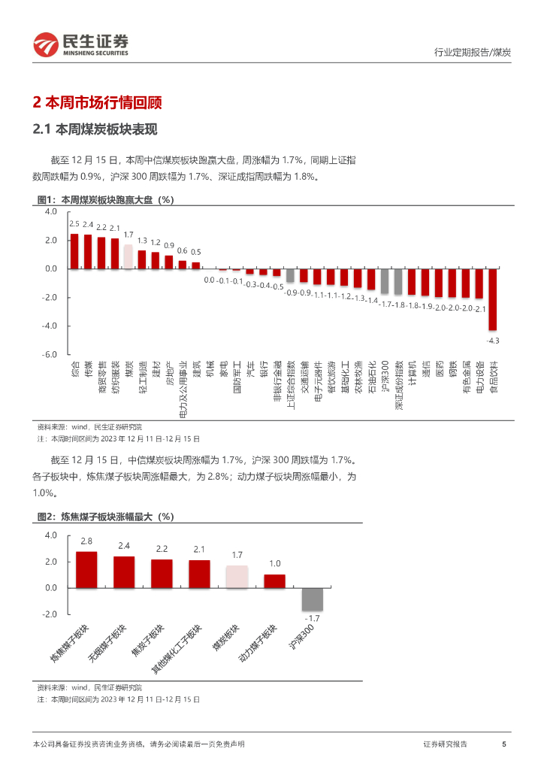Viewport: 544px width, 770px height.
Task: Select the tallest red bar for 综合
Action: tap(74, 251)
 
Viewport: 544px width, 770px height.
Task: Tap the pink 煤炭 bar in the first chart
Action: tap(128, 257)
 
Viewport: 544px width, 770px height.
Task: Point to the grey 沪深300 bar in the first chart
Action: tap(384, 281)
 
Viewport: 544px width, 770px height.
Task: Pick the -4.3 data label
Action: tap(493, 341)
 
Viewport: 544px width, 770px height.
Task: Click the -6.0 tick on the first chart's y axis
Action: tap(50, 354)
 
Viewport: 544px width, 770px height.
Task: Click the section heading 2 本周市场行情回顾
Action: tap(98, 102)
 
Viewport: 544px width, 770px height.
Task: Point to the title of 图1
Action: tap(105, 199)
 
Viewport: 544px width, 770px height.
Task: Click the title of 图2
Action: tap(105, 517)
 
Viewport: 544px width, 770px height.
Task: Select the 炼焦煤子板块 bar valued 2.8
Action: tap(86, 569)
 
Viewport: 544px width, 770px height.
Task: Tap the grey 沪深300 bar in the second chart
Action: tap(312, 599)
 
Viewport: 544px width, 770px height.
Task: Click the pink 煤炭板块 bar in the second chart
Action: tap(237, 576)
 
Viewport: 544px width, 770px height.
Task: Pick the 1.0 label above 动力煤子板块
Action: tap(275, 563)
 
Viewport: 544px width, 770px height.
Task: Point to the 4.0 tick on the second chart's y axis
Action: tap(50, 535)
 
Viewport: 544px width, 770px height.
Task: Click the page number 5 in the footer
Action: tap(503, 744)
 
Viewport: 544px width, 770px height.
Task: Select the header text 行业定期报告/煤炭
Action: tap(473, 52)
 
